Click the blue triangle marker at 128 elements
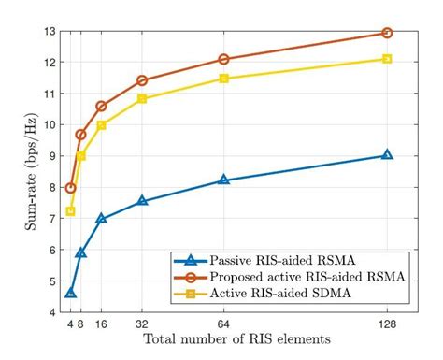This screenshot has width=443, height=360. [x=387, y=155]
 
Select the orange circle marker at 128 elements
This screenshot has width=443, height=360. [x=387, y=33]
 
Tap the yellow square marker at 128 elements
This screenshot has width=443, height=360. [x=387, y=59]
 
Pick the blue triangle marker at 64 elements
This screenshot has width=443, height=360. [x=223, y=180]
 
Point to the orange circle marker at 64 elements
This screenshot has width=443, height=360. [x=223, y=59]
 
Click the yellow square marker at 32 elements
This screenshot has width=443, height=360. [x=142, y=98]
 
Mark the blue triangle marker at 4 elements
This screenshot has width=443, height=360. [x=70, y=293]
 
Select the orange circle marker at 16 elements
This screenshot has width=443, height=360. [x=101, y=106]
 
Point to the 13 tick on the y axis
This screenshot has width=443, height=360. [x=50, y=31]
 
